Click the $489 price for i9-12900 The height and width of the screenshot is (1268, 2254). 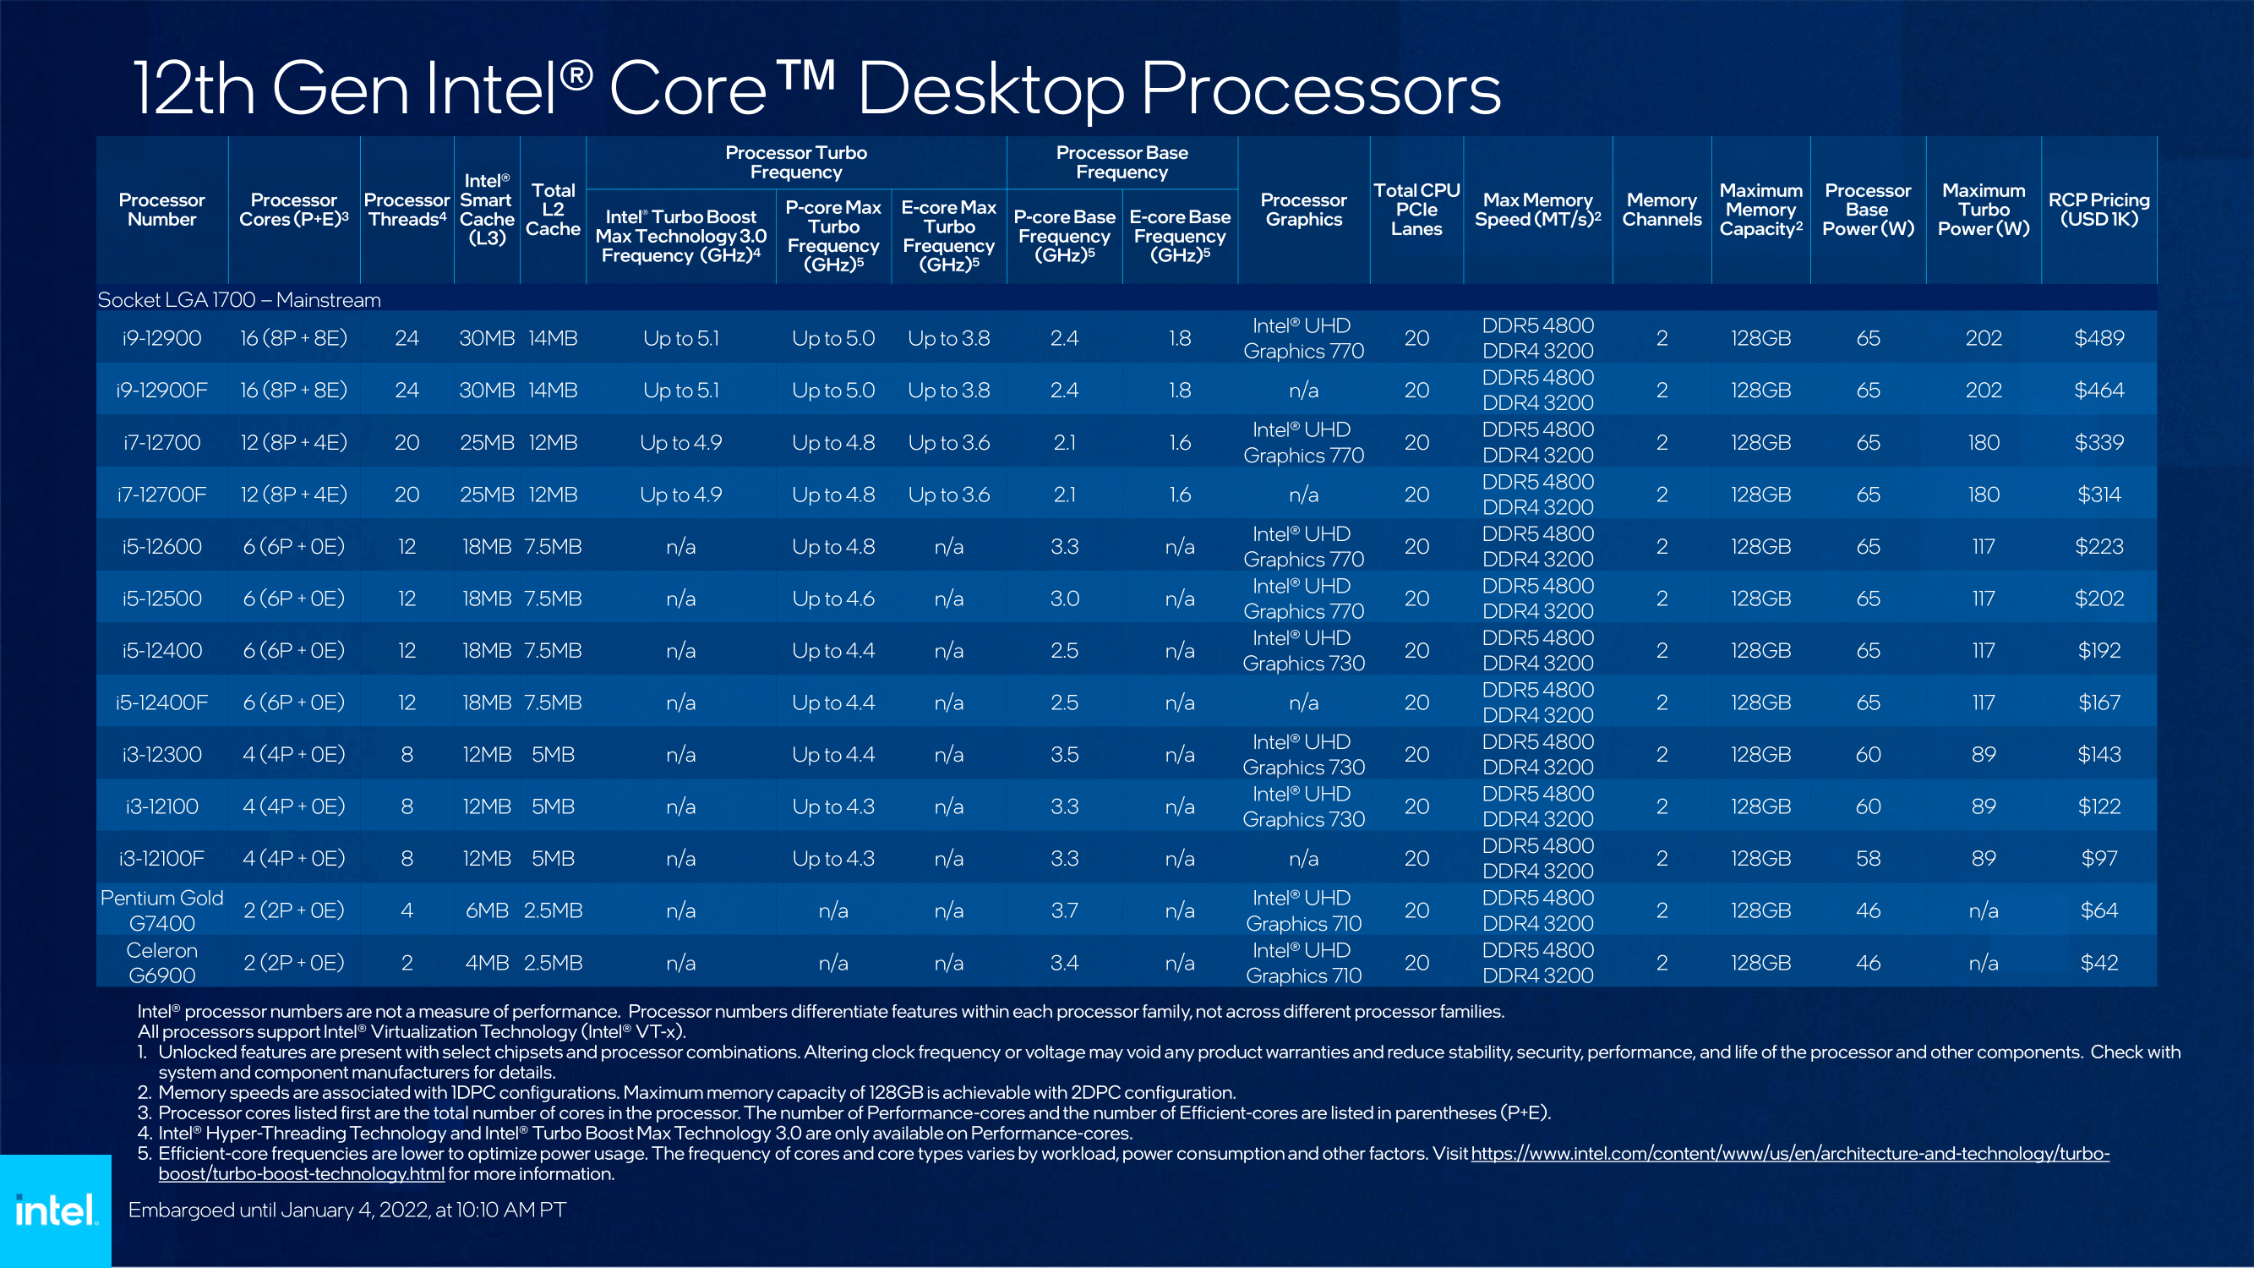pyautogui.click(x=2098, y=339)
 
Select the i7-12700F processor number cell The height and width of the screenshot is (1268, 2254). pyautogui.click(x=162, y=495)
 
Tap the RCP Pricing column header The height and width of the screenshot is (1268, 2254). pyautogui.click(x=2098, y=209)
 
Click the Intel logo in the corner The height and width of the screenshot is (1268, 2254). pyautogui.click(x=55, y=1211)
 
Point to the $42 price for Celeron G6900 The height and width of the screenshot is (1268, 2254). pyautogui.click(x=2098, y=963)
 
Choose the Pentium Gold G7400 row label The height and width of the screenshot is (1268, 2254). pyautogui.click(x=162, y=910)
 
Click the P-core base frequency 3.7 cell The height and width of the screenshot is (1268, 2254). pyautogui.click(x=1064, y=911)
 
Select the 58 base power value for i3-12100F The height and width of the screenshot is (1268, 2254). pyautogui.click(x=1867, y=859)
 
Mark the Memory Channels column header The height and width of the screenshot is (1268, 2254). pyautogui.click(x=1661, y=210)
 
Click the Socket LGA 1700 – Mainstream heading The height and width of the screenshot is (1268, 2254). pyautogui.click(x=239, y=300)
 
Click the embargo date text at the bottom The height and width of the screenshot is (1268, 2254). pyautogui.click(x=347, y=1211)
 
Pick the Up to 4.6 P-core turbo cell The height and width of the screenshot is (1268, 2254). pyautogui.click(x=833, y=598)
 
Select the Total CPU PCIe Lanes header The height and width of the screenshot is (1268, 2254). pyautogui.click(x=1416, y=210)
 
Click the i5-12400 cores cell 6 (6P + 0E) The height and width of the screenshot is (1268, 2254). pyautogui.click(x=293, y=650)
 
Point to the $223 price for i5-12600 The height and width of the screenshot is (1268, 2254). pyautogui.click(x=2098, y=547)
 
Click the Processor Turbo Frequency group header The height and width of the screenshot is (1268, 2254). pyautogui.click(x=795, y=162)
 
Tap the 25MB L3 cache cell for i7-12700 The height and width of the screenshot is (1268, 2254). pyautogui.click(x=487, y=443)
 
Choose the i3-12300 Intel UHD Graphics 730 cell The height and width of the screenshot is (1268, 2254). pyautogui.click(x=1303, y=754)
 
